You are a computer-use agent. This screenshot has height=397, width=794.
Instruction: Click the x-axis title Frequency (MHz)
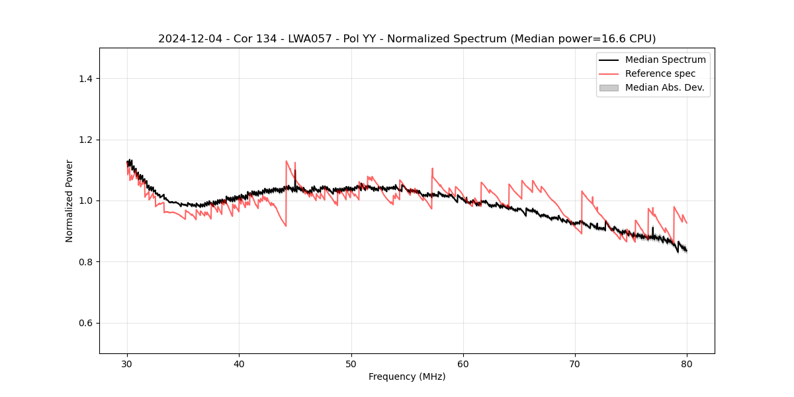[407, 376]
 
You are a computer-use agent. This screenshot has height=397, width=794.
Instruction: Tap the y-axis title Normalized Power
[69, 200]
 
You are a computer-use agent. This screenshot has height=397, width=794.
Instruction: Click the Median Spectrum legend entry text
[665, 60]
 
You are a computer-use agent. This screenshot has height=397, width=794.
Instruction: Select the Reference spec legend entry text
[660, 73]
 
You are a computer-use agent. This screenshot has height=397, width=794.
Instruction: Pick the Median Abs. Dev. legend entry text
[664, 87]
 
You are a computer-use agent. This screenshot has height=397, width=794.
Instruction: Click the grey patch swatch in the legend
[609, 87]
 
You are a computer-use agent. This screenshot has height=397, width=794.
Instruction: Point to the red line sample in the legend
[609, 73]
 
